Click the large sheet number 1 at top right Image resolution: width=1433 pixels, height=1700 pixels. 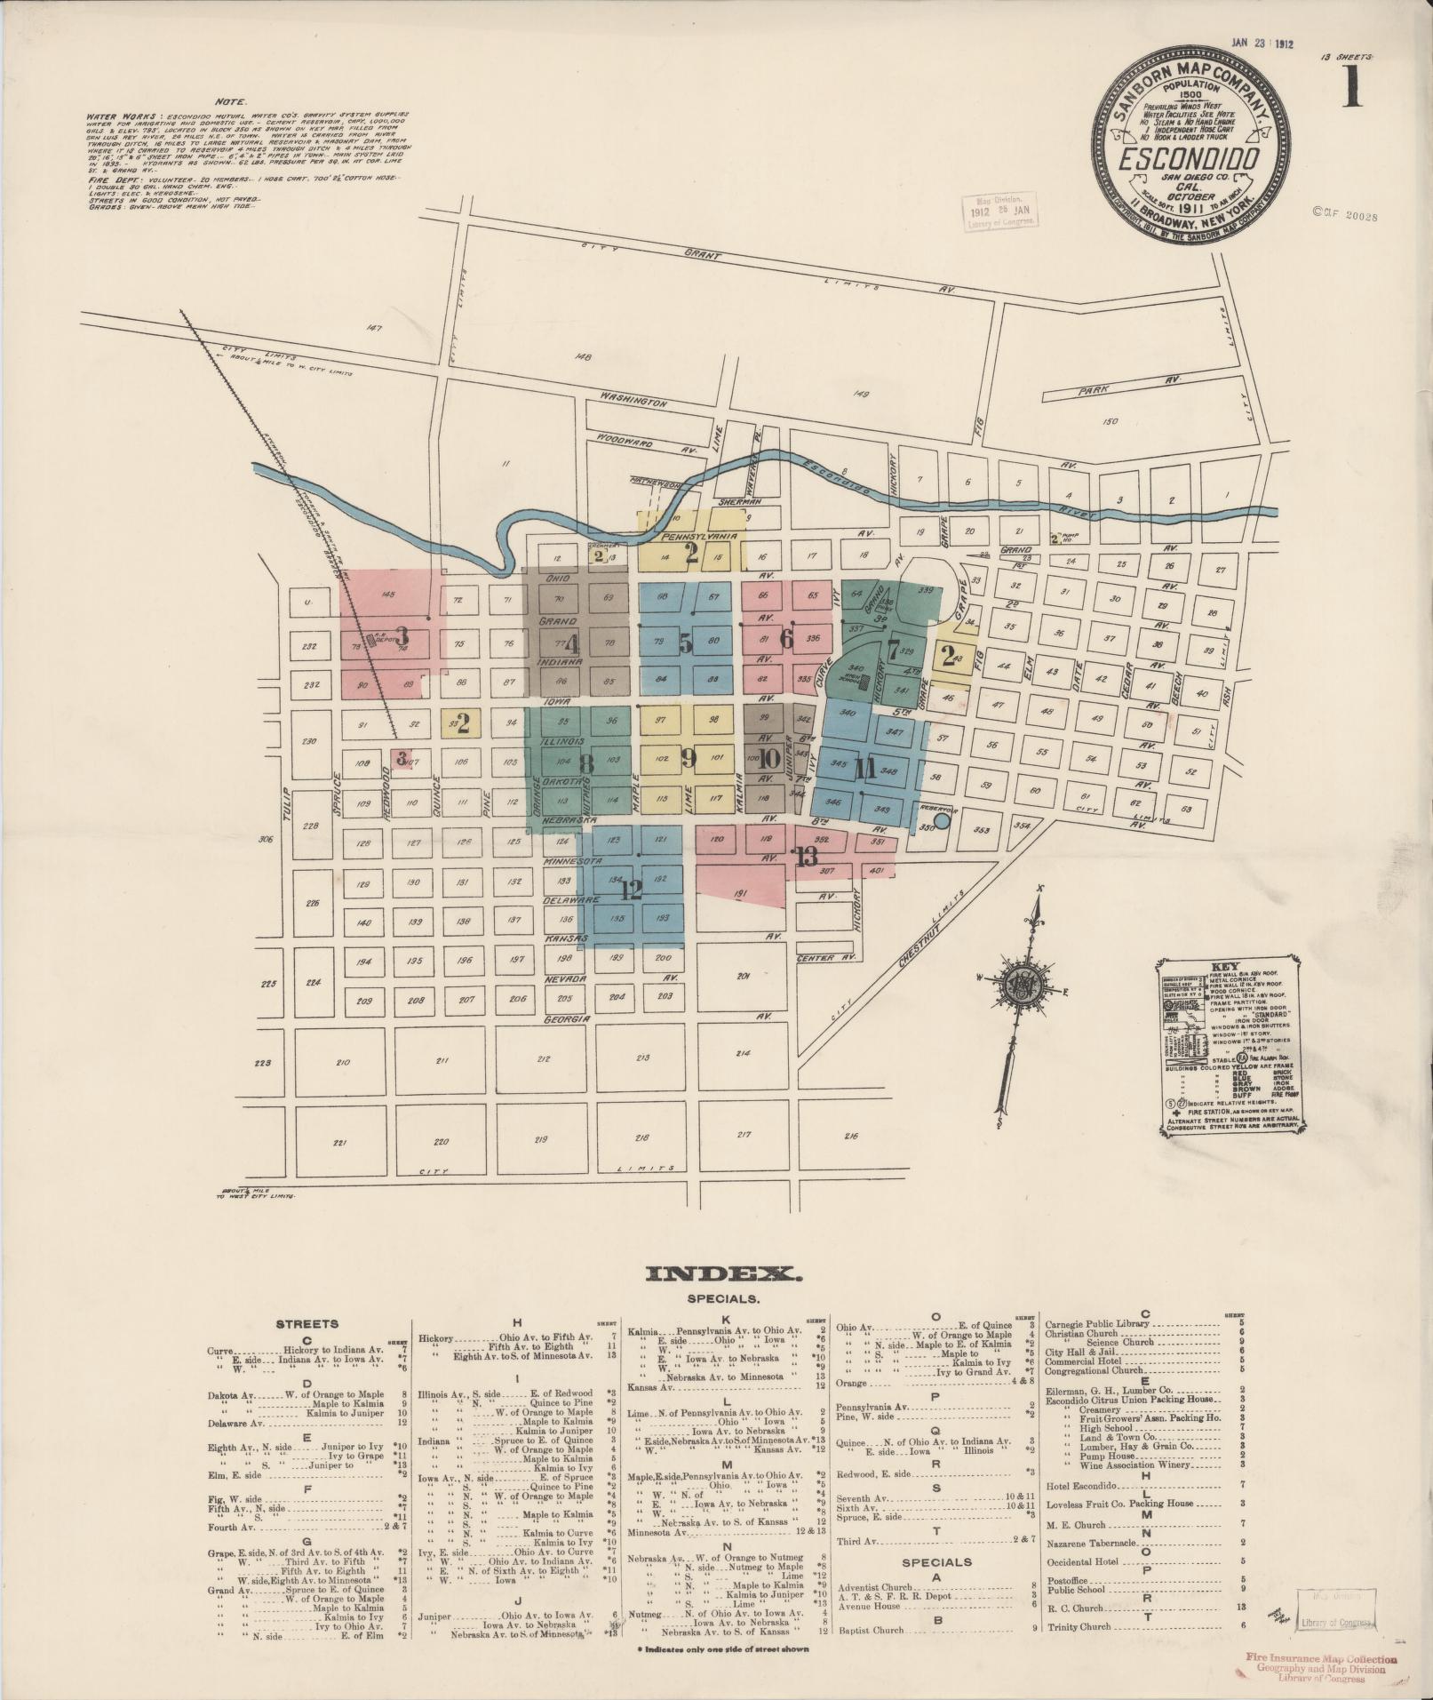(x=1351, y=89)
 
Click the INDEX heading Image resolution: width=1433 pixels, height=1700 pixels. (x=725, y=1274)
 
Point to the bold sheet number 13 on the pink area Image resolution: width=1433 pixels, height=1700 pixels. (x=807, y=858)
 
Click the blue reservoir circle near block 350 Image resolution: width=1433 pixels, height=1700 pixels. (x=942, y=822)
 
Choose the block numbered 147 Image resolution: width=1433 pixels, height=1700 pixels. (x=372, y=329)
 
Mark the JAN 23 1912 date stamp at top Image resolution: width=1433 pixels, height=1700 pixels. (x=1265, y=41)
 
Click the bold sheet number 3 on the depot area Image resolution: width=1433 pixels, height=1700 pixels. (x=402, y=635)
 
